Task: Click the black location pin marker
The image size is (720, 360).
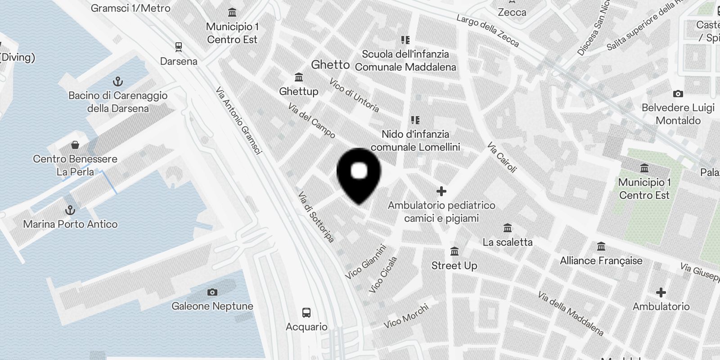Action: [x=359, y=173]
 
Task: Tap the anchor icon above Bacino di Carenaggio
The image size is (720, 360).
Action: [x=117, y=81]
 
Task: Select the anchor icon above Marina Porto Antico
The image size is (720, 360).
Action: [x=70, y=210]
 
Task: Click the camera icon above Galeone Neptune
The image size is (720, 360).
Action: [x=212, y=292]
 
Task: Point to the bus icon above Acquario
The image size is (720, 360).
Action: [x=306, y=313]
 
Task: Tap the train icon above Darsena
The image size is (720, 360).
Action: [x=179, y=47]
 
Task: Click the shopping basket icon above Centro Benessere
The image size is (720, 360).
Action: [x=75, y=145]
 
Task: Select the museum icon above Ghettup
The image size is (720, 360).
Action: [x=298, y=77]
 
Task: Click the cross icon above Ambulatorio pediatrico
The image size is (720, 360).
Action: [x=441, y=191]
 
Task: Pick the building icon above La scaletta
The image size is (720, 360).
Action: [x=508, y=228]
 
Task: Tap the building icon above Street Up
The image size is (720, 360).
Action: [x=454, y=252]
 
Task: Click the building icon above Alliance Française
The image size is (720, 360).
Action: [x=601, y=247]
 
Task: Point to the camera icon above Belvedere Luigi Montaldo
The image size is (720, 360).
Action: [x=678, y=94]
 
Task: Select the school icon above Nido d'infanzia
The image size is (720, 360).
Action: [x=415, y=120]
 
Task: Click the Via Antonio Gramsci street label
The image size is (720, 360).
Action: [x=238, y=121]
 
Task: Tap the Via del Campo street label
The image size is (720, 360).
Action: [x=312, y=121]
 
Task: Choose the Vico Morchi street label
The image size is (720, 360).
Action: [x=406, y=315]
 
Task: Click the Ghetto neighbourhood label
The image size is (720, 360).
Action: [x=330, y=65]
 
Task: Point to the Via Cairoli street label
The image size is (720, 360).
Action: [x=502, y=157]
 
